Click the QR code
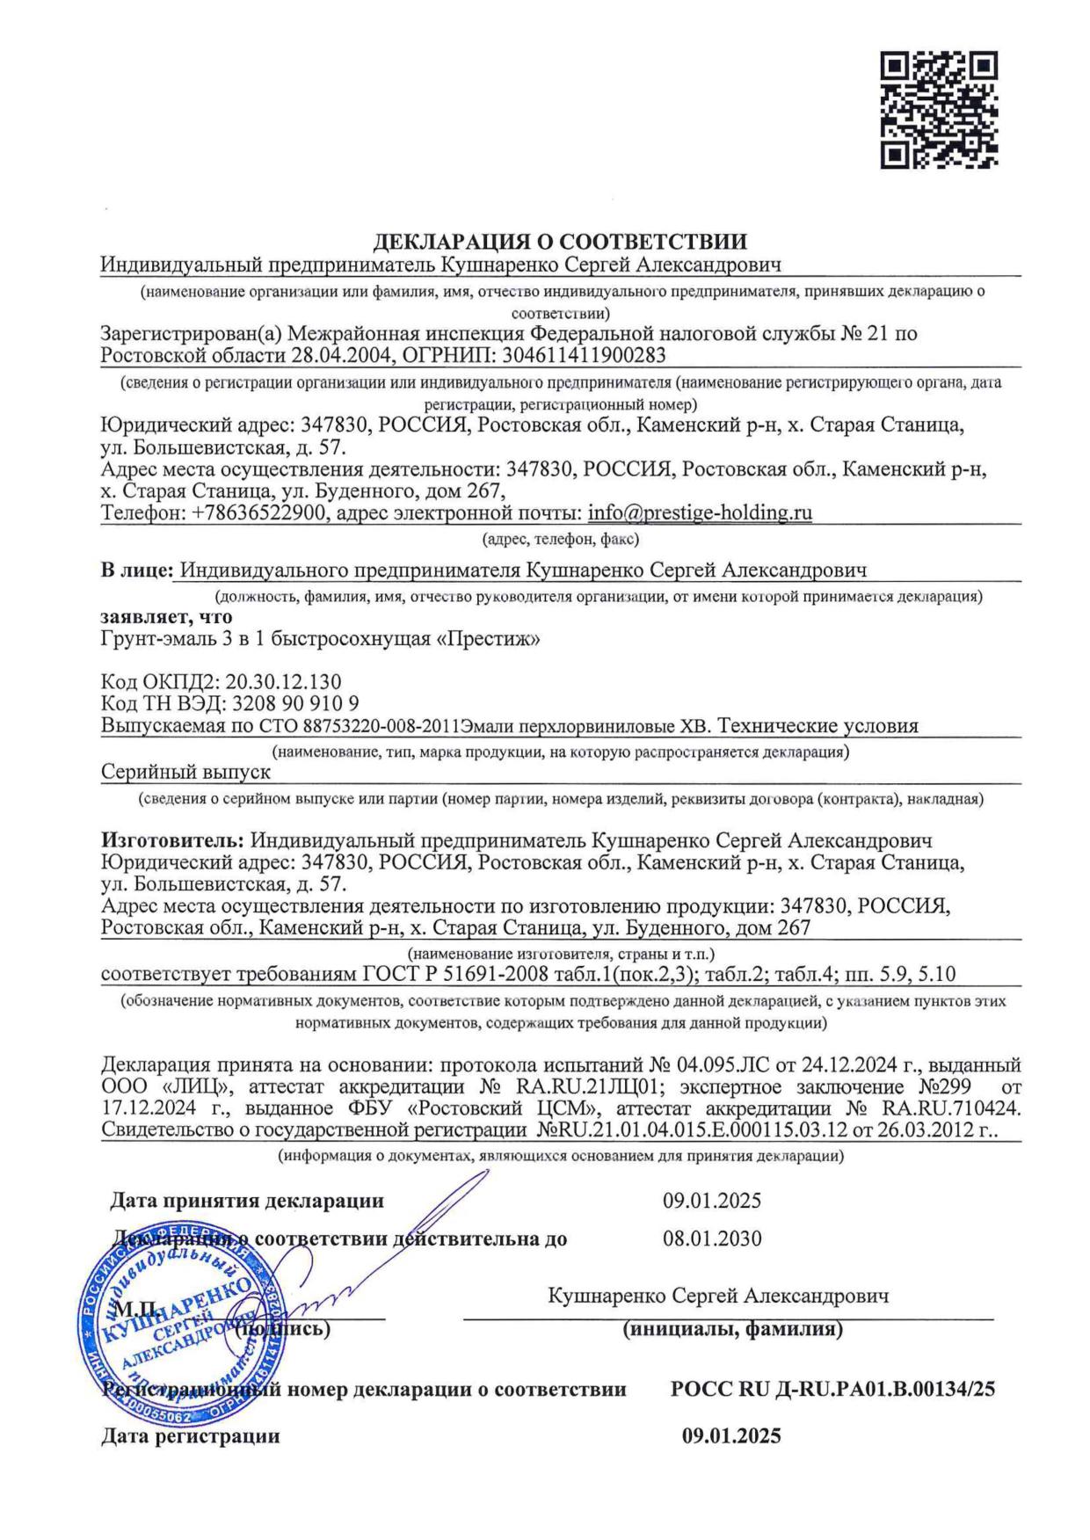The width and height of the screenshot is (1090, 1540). tap(939, 110)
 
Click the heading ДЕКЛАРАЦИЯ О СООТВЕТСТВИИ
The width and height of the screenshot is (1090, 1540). tap(561, 243)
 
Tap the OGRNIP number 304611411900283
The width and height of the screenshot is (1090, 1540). tap(582, 356)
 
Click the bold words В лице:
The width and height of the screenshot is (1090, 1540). tap(136, 571)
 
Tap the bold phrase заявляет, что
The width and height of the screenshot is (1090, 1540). tap(167, 617)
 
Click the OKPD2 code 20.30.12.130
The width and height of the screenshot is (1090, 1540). tap(283, 682)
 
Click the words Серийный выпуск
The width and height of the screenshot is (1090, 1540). tap(186, 772)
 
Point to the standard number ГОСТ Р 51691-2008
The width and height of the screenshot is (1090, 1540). tap(454, 974)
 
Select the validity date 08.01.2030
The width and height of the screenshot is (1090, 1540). tap(712, 1239)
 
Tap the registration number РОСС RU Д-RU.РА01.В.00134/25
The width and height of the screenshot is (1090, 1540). tap(832, 1391)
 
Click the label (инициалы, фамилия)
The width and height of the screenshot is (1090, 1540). tap(732, 1330)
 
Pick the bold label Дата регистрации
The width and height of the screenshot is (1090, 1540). tap(191, 1436)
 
